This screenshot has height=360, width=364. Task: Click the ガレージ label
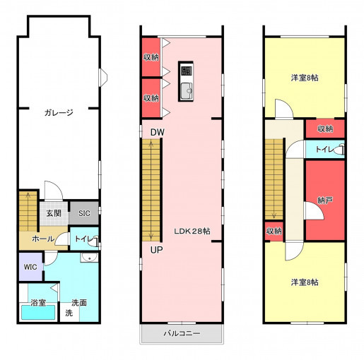pos(59,113)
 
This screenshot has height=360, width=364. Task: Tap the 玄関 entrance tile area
pos(54,213)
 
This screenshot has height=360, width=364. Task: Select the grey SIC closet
pos(84,213)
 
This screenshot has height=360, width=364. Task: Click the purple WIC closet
pos(30,267)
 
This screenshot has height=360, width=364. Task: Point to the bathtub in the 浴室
pos(38,312)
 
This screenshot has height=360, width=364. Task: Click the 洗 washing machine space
pos(69,313)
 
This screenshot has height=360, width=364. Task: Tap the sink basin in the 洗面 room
pos(89,258)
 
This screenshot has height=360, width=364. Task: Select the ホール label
pos(43,239)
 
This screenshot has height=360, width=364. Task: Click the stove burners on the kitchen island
pos(187,71)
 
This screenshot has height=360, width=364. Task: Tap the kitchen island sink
pos(187,91)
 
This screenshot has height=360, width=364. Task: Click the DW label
pos(158,132)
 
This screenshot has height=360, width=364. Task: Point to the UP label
pos(156,250)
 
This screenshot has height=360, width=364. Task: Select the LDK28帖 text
pos(192,232)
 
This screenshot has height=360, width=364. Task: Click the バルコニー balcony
pos(182,333)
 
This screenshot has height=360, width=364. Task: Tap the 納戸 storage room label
pos(325,200)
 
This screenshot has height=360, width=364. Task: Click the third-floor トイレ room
pos(325,149)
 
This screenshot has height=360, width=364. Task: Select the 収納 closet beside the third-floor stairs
pos(274,231)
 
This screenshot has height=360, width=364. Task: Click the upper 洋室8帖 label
pos(305,78)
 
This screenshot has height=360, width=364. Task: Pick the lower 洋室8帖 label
pos(305,282)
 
